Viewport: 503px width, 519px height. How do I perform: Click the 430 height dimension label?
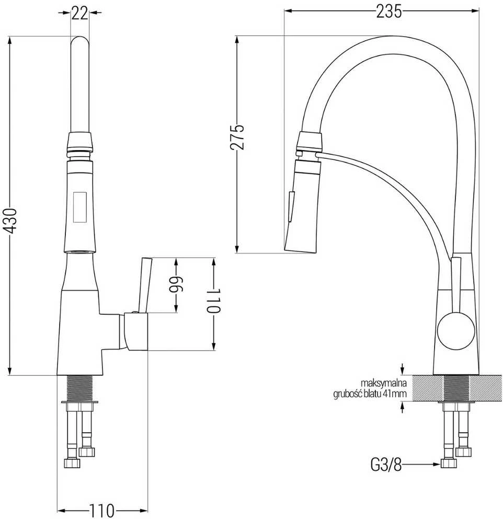point(12,221)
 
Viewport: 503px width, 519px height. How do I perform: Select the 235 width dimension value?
point(389,12)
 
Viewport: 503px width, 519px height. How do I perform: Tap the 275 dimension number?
point(237,137)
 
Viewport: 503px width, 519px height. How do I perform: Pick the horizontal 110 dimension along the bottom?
point(101,510)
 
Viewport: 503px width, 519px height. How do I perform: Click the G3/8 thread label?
point(386,465)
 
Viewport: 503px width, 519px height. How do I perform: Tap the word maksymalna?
point(383,383)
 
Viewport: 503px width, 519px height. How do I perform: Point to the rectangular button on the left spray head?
point(80,207)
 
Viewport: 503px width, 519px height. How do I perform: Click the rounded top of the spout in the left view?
point(79,40)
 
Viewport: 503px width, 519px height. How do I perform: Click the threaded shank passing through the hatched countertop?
point(456,388)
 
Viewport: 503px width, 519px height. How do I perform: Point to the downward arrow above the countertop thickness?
point(402,368)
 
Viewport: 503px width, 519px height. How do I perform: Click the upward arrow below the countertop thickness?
point(402,408)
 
